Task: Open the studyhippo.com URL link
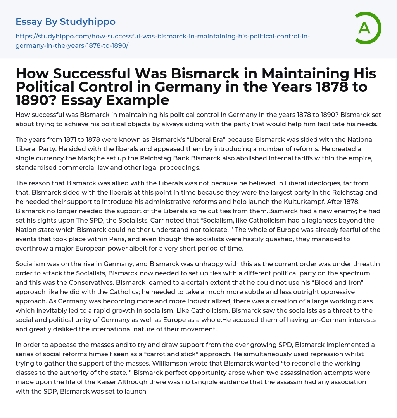pos(162,41)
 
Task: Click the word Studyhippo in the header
pos(88,22)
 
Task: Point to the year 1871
pos(71,139)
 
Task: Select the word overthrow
pos(31,248)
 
